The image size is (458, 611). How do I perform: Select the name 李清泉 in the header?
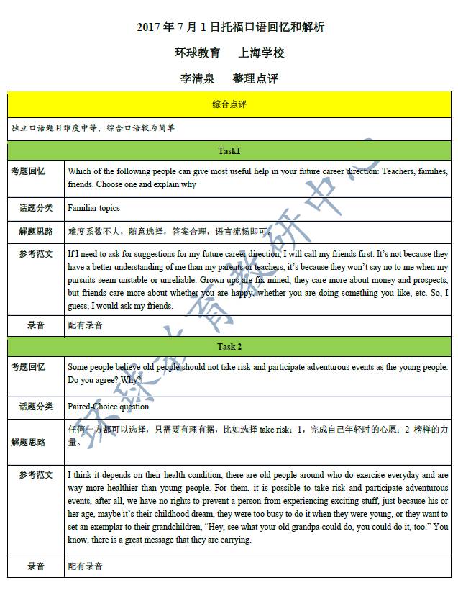(197, 78)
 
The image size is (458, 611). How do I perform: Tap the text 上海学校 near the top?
(262, 53)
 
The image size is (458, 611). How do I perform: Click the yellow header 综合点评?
(229, 104)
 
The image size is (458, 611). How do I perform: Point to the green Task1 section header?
(229, 151)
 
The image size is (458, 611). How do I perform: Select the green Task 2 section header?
(229, 347)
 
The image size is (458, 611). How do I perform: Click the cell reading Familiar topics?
(93, 208)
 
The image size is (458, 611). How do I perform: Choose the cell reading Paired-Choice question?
(109, 407)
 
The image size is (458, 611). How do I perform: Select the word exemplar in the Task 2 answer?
(107, 527)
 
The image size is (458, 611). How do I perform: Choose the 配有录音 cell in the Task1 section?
(86, 325)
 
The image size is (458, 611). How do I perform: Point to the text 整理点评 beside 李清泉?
(255, 78)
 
